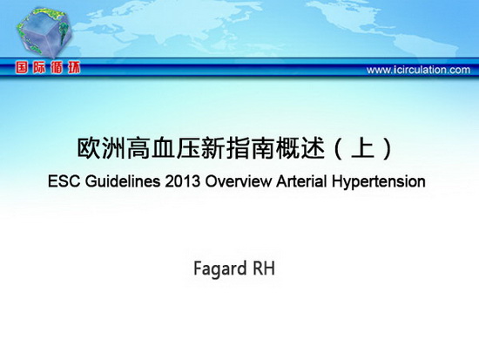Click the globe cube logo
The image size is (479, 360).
(44, 33)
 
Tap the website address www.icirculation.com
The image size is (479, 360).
(418, 70)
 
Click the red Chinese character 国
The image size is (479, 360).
(22, 68)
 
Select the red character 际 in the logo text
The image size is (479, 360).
(39, 68)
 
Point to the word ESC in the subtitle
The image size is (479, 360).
(64, 181)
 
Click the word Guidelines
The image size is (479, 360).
(123, 181)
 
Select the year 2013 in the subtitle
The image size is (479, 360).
(182, 181)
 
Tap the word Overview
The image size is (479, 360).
(238, 181)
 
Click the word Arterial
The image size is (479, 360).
(301, 181)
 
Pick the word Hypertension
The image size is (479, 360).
(379, 182)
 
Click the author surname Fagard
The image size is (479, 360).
(220, 269)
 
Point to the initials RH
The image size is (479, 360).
(264, 268)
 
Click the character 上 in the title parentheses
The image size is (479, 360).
(363, 149)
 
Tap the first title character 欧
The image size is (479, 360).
(89, 149)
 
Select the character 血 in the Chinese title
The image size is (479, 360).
(164, 149)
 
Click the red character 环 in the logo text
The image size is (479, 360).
(74, 68)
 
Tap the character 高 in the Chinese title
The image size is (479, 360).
(138, 149)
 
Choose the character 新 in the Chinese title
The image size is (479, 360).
(213, 149)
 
